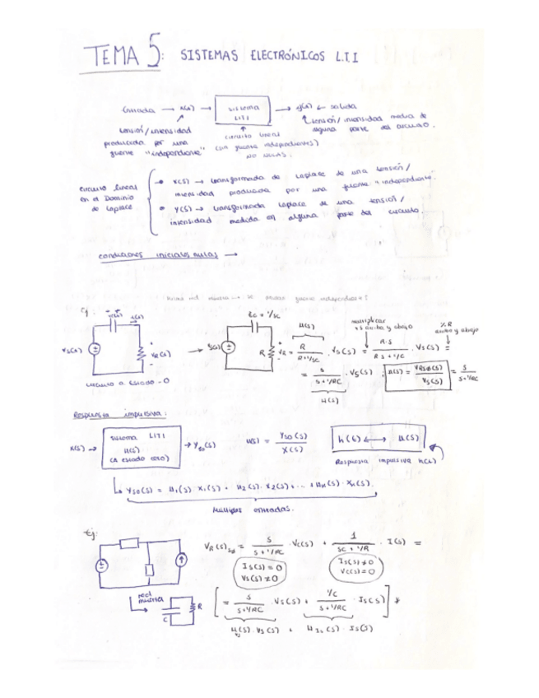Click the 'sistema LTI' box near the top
pyautogui.click(x=242, y=112)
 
